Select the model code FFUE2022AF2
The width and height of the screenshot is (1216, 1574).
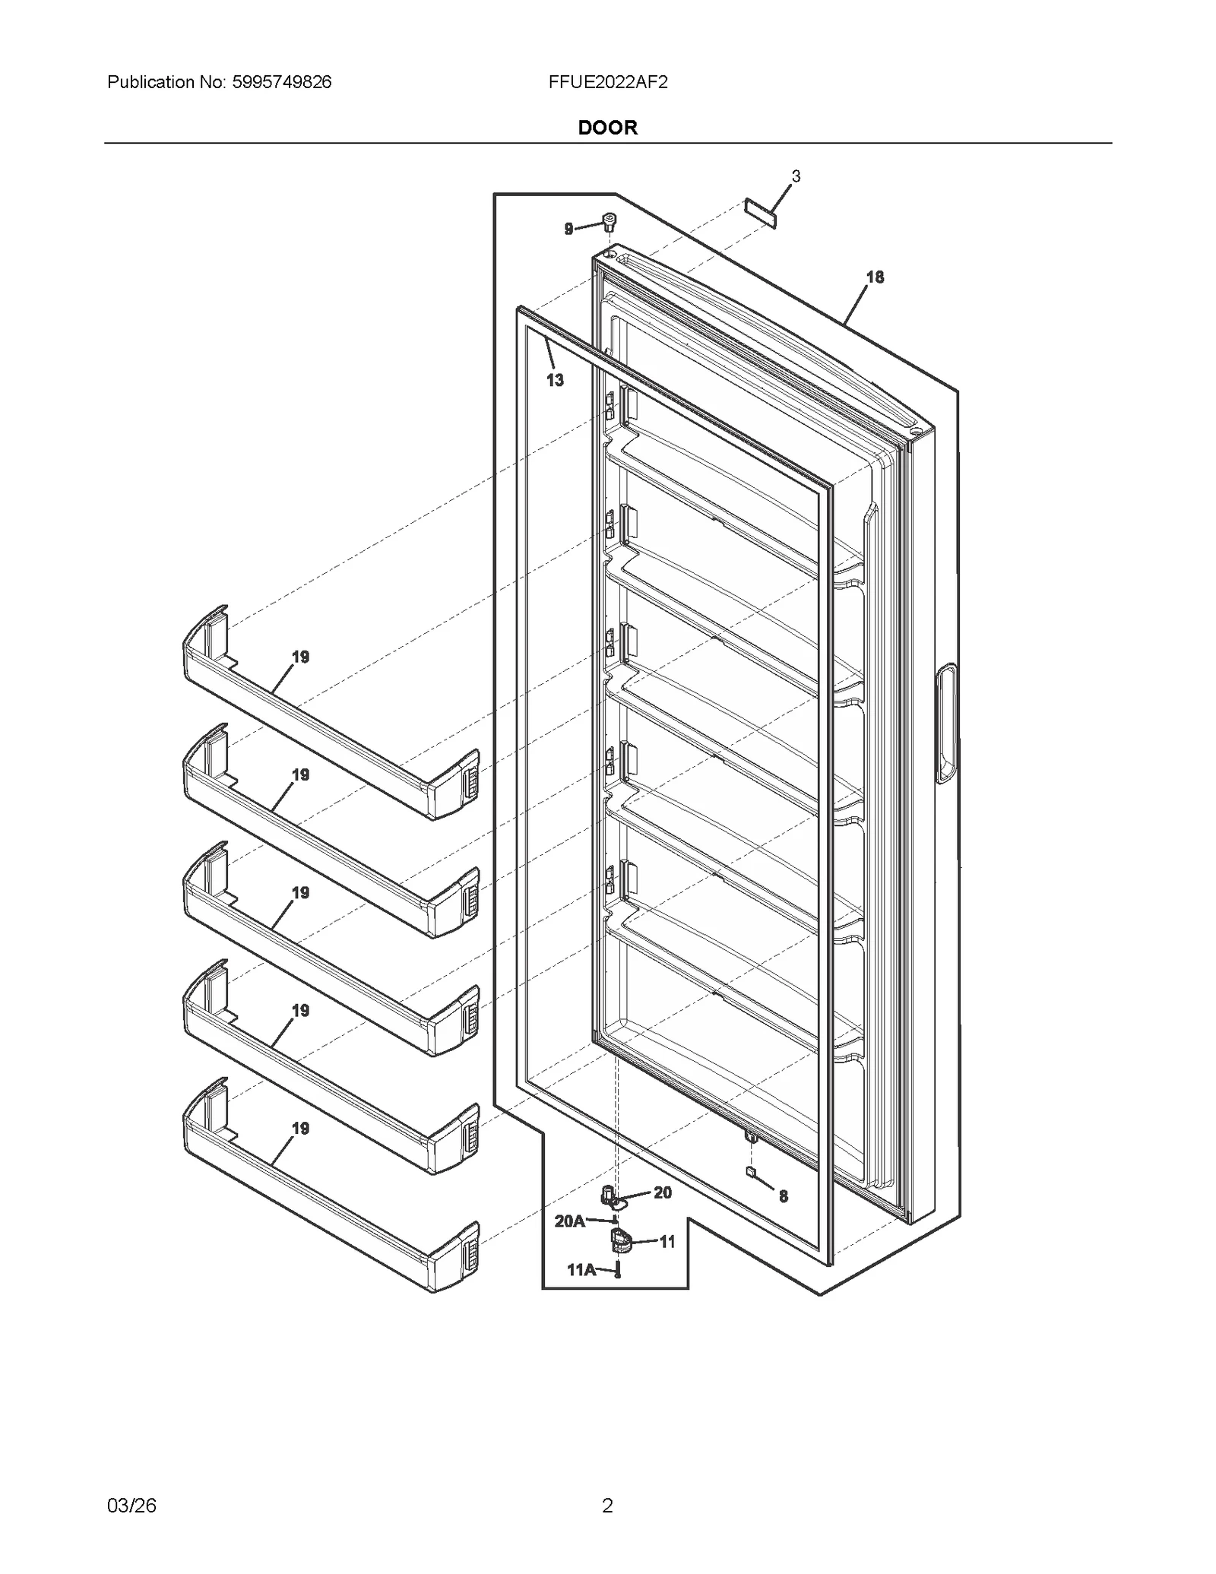click(x=607, y=82)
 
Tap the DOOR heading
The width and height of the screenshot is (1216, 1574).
click(x=607, y=127)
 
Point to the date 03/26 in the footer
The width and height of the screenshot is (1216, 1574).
click(x=131, y=1505)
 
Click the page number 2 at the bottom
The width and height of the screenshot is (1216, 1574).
click(x=607, y=1505)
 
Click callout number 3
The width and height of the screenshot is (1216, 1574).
click(x=796, y=176)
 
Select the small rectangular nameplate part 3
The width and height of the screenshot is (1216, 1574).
click(x=761, y=214)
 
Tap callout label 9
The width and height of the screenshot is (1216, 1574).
click(x=568, y=229)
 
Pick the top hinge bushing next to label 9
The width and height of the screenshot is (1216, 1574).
click(x=609, y=222)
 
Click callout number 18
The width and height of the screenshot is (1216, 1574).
click(x=875, y=277)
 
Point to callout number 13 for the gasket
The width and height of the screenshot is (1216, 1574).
click(x=555, y=380)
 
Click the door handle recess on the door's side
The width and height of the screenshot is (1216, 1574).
click(x=946, y=723)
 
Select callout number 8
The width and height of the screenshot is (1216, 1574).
click(x=784, y=1196)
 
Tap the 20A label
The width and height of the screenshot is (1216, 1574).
click(x=569, y=1221)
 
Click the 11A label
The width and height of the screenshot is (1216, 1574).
click(x=581, y=1269)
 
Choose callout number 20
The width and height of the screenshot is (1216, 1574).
click(x=663, y=1192)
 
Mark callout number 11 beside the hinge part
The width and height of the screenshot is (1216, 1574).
click(x=667, y=1242)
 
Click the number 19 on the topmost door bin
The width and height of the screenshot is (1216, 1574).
click(x=300, y=657)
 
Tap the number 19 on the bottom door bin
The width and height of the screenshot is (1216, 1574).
click(x=300, y=1129)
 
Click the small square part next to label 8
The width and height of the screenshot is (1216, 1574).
click(x=751, y=1172)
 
